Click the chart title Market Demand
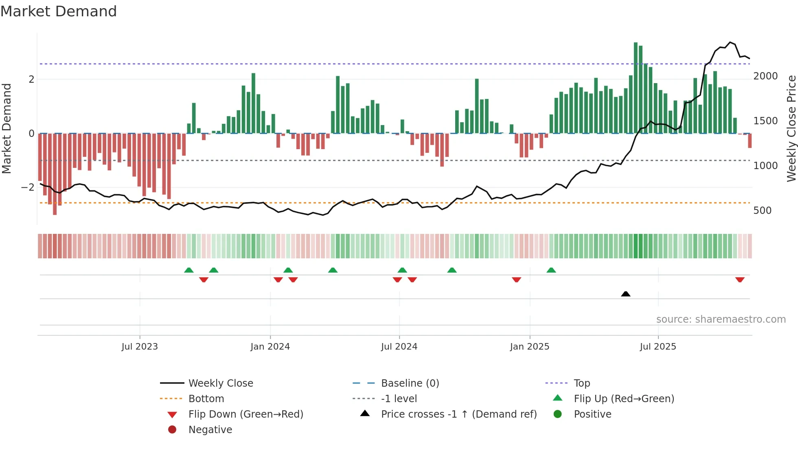pos(59,11)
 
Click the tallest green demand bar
pos(636,88)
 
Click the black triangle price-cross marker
pos(626,294)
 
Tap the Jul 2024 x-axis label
pos(399,347)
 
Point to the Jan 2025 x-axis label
pos(529,347)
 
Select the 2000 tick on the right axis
pos(765,76)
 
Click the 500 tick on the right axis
pos(762,211)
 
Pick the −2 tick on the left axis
pos(28,187)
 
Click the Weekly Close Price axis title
pos(791,128)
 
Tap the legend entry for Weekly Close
pos(220,383)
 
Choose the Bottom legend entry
pos(206,399)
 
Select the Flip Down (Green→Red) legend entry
pos(246,414)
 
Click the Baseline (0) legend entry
pos(410,383)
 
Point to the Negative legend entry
pos(210,430)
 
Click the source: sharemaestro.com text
pos(721,319)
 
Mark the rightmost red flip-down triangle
pos(740,280)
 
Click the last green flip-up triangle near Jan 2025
pos(551,270)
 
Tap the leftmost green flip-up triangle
pos(189,270)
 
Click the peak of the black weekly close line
pos(730,42)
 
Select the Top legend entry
pos(581,383)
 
